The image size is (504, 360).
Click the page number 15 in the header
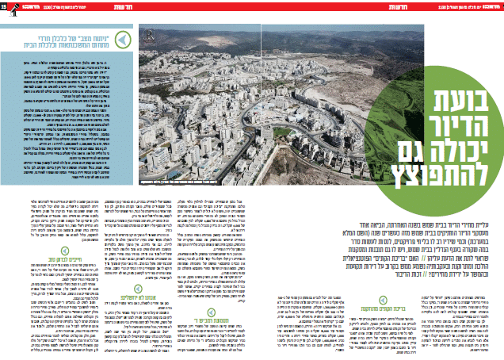tap(6, 6)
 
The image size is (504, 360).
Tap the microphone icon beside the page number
tap(15, 6)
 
